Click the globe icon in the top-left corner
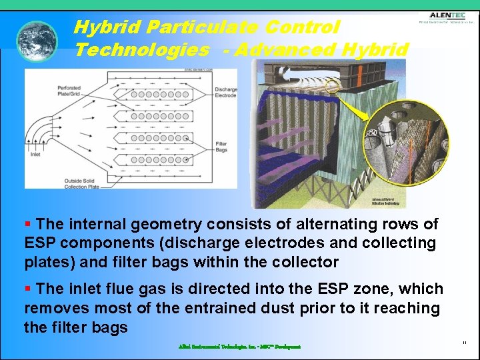coord(37,41)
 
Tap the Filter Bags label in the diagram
coord(222,147)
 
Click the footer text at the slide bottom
coord(239,347)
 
